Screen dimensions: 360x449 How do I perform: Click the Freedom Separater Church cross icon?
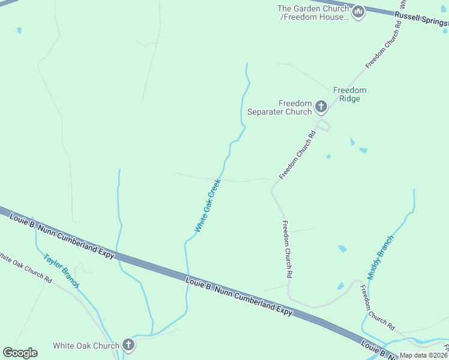coord(321,107)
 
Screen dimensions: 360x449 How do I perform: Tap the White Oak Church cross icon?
coord(128,345)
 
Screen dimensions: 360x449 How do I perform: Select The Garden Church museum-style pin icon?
coord(358,12)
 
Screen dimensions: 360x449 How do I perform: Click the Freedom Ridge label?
coord(349,94)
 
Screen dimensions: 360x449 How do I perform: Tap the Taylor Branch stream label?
coord(61,271)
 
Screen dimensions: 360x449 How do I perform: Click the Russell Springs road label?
coord(420,19)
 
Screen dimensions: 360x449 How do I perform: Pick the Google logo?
coord(20,353)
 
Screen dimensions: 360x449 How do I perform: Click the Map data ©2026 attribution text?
coord(424,355)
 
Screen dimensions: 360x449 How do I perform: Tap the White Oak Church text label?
coord(86,346)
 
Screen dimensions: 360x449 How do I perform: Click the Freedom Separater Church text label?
coord(280,107)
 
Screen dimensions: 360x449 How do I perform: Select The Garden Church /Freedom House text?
coord(314,13)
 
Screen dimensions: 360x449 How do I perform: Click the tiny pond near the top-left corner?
coord(19,29)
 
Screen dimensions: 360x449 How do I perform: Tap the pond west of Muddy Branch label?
coord(342,248)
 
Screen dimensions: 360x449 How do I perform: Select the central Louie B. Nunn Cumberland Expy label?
coord(239,296)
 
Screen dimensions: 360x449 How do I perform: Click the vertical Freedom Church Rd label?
coord(288,248)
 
